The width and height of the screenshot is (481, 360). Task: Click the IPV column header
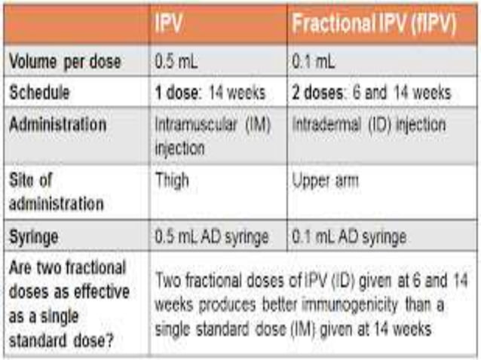tap(169, 24)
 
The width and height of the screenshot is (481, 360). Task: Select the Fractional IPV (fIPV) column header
tap(374, 24)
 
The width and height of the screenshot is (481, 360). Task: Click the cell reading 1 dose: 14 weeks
tap(210, 93)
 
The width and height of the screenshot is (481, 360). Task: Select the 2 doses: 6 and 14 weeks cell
tap(371, 93)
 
